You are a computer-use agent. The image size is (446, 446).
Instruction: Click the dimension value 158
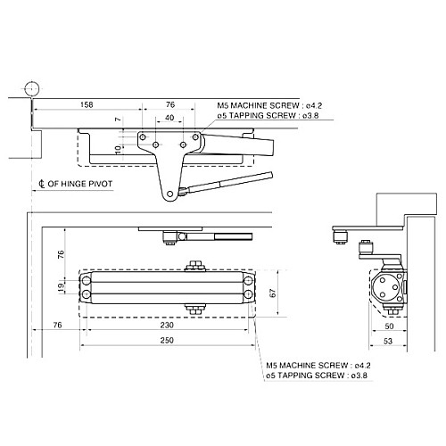point(87,104)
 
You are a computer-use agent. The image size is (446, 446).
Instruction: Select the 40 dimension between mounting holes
point(169,118)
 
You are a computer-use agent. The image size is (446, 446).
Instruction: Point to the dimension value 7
point(117,119)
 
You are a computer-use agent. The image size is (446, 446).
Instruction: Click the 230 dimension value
point(169,326)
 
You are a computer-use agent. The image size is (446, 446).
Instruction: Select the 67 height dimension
point(274,293)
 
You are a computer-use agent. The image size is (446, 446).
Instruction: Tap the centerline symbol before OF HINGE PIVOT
point(42,186)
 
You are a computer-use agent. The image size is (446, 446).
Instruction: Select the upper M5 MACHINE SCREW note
point(264,103)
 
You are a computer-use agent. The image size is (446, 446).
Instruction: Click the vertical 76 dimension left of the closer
point(61,253)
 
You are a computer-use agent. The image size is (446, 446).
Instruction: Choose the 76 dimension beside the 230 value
point(57,326)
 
